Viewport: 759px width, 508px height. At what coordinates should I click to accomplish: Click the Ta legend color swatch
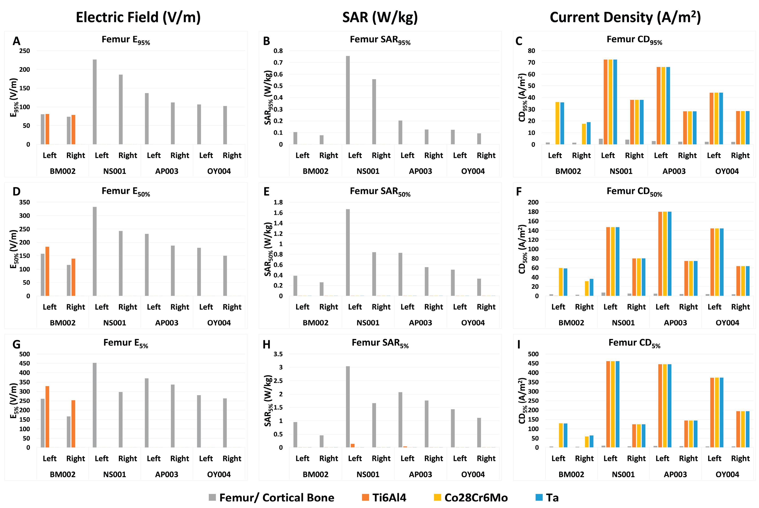coord(539,497)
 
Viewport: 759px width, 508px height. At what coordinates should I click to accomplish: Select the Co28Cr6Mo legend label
coord(476,497)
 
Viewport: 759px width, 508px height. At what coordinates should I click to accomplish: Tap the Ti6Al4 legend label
coord(389,497)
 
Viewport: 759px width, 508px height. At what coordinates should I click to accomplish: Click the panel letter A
coord(16,41)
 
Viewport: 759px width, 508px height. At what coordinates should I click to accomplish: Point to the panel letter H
coord(266,344)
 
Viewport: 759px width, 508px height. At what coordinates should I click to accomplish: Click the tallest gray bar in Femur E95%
coord(95,102)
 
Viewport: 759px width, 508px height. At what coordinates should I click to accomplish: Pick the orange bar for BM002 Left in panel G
coord(47,417)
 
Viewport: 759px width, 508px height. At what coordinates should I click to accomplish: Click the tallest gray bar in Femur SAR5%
coord(348,407)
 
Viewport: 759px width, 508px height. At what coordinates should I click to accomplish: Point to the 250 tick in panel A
coord(25,51)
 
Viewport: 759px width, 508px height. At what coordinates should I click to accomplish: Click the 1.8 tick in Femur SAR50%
coord(278,202)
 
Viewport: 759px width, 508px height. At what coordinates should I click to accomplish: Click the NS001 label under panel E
coord(368,323)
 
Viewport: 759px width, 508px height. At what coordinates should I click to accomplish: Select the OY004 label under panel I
coord(727,474)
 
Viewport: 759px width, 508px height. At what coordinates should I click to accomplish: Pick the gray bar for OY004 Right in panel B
coord(479,139)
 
